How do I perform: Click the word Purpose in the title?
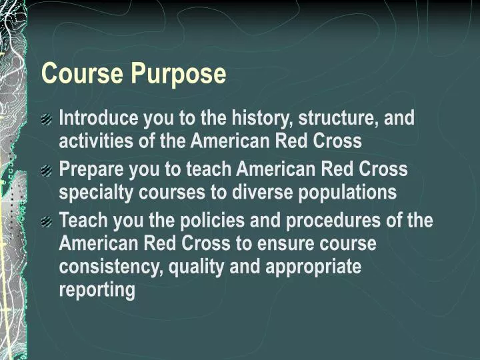(179, 74)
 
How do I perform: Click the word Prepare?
(89, 169)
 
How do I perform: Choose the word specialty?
(89, 193)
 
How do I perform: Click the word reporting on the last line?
(97, 290)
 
